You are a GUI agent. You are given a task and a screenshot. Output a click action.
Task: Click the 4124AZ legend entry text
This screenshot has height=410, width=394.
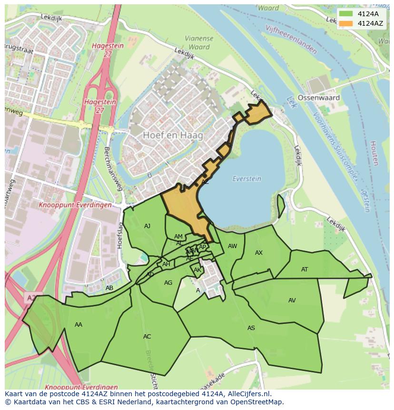click(370, 23)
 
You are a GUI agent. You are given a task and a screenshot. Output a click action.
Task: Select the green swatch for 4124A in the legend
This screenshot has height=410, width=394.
click(346, 14)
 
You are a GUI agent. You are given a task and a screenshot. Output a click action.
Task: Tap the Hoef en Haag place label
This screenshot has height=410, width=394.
click(173, 135)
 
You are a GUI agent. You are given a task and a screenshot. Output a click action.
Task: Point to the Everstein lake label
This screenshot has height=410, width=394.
click(247, 179)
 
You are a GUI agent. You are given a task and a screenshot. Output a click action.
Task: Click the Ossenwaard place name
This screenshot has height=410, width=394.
click(318, 98)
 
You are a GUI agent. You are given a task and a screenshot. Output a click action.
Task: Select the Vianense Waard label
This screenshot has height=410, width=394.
click(199, 43)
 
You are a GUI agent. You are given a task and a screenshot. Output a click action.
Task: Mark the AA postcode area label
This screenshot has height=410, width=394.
click(79, 325)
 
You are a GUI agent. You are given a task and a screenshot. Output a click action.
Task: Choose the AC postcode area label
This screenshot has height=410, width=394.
click(147, 337)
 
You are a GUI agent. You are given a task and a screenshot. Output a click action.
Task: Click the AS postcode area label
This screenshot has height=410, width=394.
click(251, 328)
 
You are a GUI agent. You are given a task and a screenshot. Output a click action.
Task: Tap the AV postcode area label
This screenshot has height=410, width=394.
click(292, 300)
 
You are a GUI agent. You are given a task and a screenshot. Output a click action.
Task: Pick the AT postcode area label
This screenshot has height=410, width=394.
click(305, 270)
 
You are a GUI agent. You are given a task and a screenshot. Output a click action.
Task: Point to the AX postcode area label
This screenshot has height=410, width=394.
click(258, 253)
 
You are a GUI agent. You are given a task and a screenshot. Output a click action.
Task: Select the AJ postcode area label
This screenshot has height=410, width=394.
click(147, 226)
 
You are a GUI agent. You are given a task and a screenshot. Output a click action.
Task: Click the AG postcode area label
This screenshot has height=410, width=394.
click(168, 283)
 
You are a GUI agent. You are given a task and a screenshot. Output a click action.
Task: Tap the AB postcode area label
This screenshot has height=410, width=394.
click(109, 288)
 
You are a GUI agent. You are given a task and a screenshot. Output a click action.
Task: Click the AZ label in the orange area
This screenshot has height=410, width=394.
click(205, 182)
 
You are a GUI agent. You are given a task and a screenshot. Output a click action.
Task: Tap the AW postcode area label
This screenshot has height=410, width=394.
click(232, 246)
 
